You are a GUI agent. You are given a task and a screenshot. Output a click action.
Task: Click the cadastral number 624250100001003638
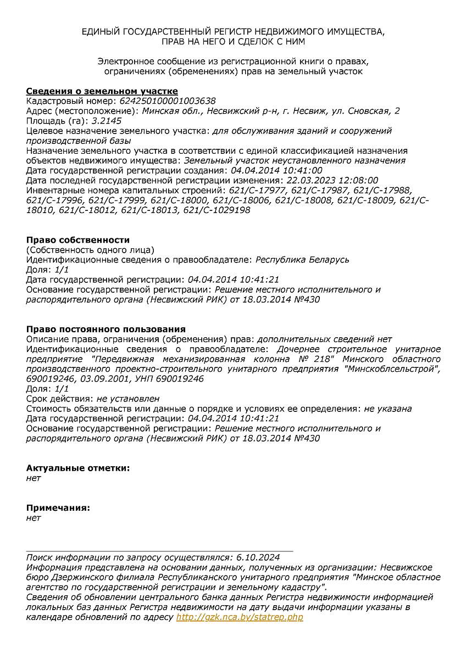click(167, 101)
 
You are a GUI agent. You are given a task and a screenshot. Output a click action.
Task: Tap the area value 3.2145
click(107, 121)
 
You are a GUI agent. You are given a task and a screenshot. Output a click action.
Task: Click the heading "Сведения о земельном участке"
click(102, 91)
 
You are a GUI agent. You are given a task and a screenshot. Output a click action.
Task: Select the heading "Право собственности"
click(78, 240)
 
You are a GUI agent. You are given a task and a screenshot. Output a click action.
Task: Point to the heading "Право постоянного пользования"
click(106, 329)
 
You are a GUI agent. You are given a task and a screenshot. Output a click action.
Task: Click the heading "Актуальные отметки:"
click(78, 468)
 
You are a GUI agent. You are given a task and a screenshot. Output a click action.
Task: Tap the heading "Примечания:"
click(58, 507)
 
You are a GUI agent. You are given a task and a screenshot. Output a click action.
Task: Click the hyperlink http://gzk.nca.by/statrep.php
click(240, 617)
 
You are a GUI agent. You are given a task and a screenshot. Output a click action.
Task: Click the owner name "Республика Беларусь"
click(303, 260)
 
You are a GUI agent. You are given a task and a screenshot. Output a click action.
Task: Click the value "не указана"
click(387, 409)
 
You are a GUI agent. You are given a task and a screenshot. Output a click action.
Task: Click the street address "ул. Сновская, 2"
click(363, 111)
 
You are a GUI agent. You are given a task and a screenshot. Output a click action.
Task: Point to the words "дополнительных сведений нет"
click(324, 339)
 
